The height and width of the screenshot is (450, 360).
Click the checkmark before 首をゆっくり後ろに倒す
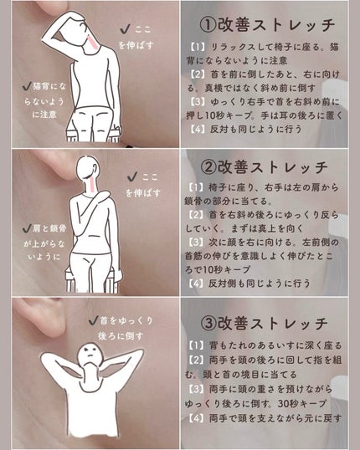pyautogui.click(x=93, y=320)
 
